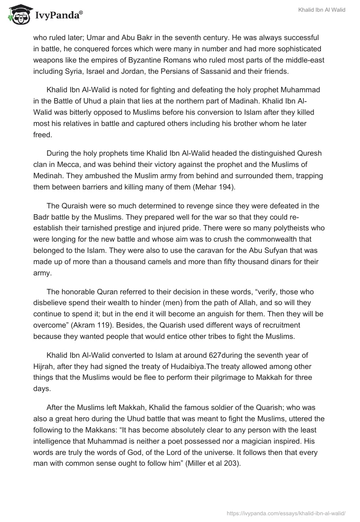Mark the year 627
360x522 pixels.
coord(202,356)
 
